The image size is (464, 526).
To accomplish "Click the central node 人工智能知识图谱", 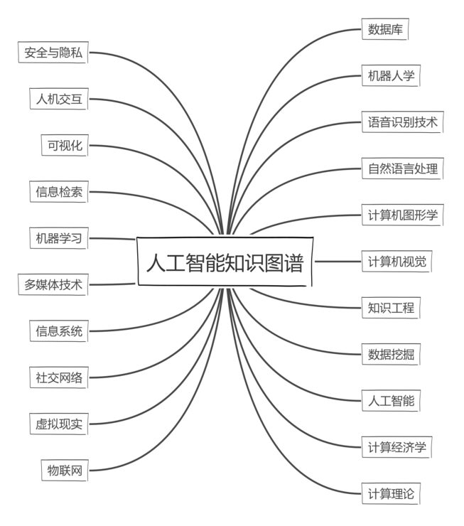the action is pyautogui.click(x=225, y=262).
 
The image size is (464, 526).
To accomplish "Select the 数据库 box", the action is pyautogui.click(x=385, y=29).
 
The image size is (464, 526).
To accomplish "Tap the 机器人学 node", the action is pyautogui.click(x=391, y=76).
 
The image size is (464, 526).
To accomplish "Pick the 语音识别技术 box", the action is pyautogui.click(x=403, y=122).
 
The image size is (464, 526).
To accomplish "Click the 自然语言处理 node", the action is pyautogui.click(x=403, y=168).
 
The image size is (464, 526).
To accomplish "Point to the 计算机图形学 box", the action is pyautogui.click(x=403, y=215).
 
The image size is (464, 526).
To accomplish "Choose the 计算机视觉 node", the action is pyautogui.click(x=397, y=262).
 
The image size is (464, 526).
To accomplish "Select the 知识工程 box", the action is pyautogui.click(x=391, y=308).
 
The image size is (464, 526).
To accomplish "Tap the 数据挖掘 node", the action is pyautogui.click(x=391, y=354).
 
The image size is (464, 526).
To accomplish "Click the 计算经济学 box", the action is pyautogui.click(x=397, y=447).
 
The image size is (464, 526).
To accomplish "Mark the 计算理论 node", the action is pyautogui.click(x=391, y=493).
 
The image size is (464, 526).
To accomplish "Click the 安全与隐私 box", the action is pyautogui.click(x=53, y=53).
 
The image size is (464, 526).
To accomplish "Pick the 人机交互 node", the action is pyautogui.click(x=59, y=99).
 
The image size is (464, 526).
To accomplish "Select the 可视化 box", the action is pyautogui.click(x=65, y=145).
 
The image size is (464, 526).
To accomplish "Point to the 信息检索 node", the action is pyautogui.click(x=59, y=192).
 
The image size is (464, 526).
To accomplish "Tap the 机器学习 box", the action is pyautogui.click(x=59, y=238).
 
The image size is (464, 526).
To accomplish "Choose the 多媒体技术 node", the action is pyautogui.click(x=53, y=284).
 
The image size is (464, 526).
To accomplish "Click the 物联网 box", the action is pyautogui.click(x=65, y=471).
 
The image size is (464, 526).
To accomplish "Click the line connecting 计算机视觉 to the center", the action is pyautogui.click(x=338, y=262).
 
